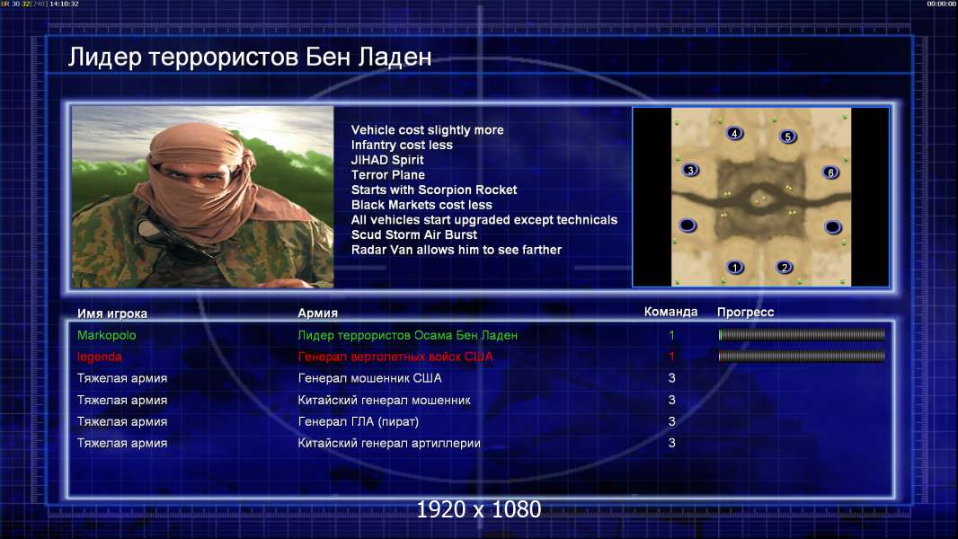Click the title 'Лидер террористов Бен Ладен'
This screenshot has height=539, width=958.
tap(250, 57)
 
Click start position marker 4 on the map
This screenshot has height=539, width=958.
tap(734, 133)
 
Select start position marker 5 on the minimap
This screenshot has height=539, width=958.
tap(787, 137)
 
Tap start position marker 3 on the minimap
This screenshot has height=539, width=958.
tap(690, 170)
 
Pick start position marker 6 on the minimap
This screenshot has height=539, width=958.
tap(830, 172)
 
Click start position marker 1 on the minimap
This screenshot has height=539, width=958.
tap(735, 267)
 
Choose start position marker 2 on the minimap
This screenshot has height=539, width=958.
tap(785, 267)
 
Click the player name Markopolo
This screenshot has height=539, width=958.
tap(106, 335)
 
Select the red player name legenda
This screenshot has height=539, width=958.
tap(99, 357)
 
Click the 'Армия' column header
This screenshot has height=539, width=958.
tap(318, 314)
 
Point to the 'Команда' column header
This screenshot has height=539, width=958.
tap(670, 312)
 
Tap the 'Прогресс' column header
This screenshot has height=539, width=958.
tap(745, 313)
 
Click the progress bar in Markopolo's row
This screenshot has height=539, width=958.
tap(802, 334)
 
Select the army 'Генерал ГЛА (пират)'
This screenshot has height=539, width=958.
tap(358, 421)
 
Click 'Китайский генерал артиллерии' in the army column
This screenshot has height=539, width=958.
tap(389, 443)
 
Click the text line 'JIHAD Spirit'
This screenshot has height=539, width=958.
tap(387, 160)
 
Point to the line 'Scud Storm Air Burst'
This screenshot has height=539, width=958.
tap(414, 235)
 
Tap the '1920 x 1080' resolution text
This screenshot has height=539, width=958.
tap(479, 509)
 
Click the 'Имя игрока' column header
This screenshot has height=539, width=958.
tap(111, 314)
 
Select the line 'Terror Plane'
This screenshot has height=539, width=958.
tap(388, 175)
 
